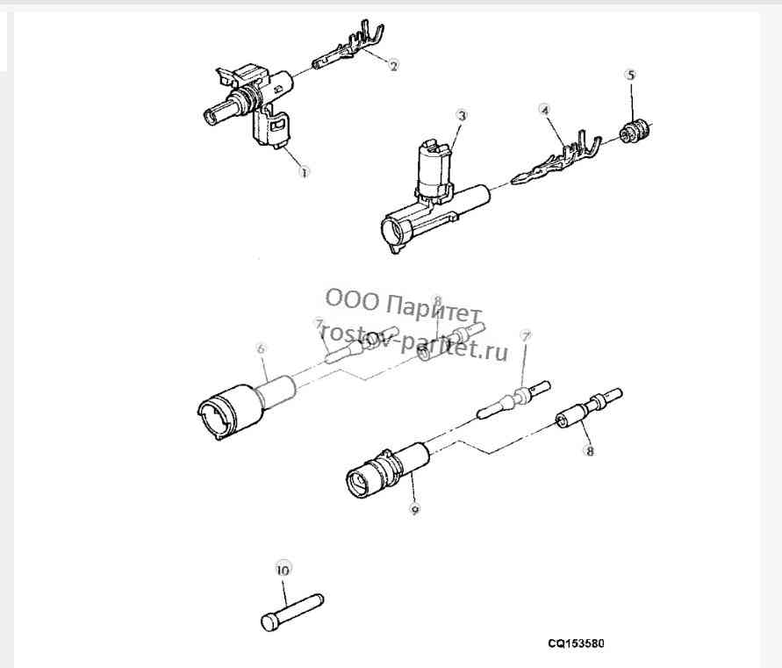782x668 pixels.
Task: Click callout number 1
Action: click(x=304, y=172)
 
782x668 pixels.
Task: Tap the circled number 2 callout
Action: click(x=393, y=66)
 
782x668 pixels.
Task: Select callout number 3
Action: click(x=463, y=116)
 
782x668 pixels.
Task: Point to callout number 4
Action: click(x=545, y=110)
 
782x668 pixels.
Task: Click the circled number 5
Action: click(x=631, y=75)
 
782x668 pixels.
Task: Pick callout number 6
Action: click(x=262, y=349)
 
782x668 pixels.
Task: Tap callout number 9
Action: click(x=414, y=509)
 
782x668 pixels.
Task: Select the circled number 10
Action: click(x=283, y=570)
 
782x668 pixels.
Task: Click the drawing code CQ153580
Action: click(x=576, y=643)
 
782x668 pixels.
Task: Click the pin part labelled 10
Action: click(x=292, y=612)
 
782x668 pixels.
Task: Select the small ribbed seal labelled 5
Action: click(x=635, y=131)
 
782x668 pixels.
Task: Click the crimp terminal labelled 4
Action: click(x=555, y=160)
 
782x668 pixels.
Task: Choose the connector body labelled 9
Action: click(x=387, y=470)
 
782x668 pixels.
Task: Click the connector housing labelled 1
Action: click(x=249, y=104)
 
